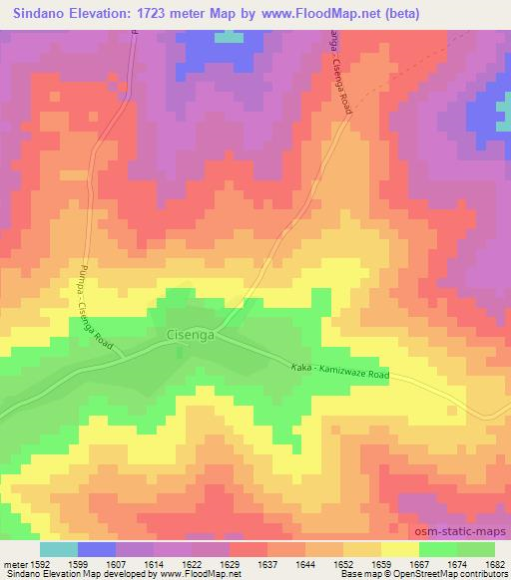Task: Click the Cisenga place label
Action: (x=186, y=337)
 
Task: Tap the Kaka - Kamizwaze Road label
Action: (x=340, y=370)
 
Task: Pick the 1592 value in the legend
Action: (x=41, y=564)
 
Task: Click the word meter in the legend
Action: (x=13, y=564)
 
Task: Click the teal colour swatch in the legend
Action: (x=59, y=549)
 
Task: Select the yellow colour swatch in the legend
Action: (x=400, y=549)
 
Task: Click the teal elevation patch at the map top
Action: (x=230, y=36)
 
